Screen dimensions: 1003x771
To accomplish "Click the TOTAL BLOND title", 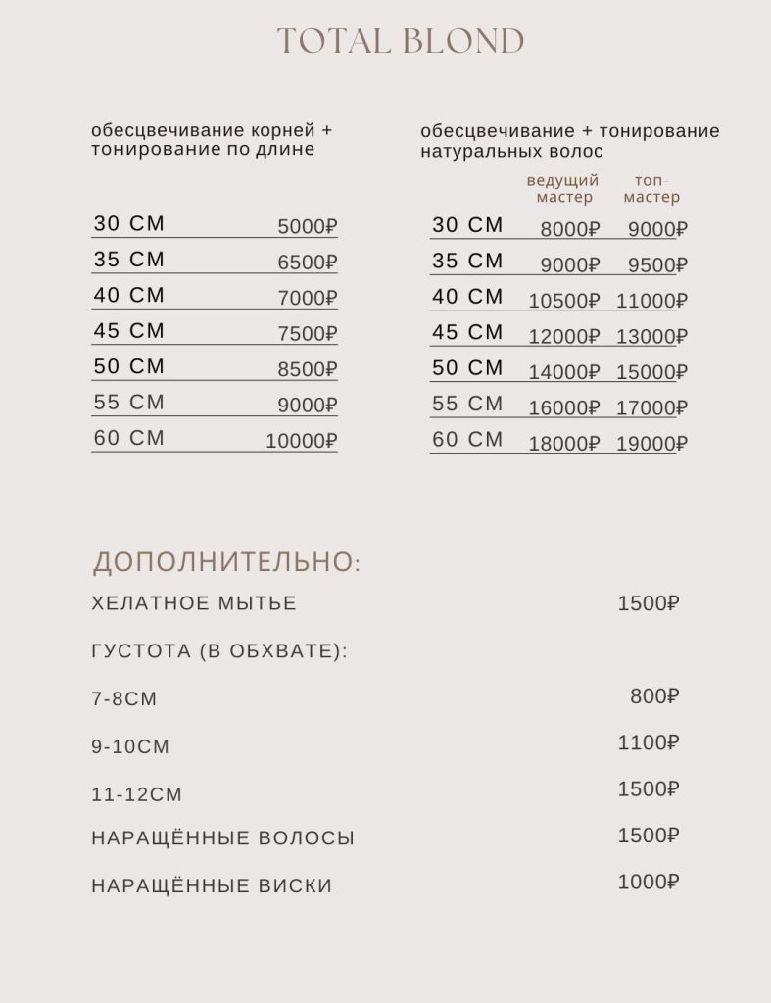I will tap(401, 42).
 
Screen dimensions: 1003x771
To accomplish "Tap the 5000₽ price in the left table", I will tap(308, 227).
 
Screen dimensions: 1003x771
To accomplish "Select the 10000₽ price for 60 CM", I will tap(302, 441).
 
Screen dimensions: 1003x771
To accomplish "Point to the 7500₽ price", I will tap(308, 334).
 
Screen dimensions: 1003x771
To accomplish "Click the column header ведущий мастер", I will tap(563, 189).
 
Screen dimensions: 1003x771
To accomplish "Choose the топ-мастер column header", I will tap(651, 189).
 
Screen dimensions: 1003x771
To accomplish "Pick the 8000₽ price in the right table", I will tap(569, 230).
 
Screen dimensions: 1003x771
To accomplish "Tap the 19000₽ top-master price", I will tap(651, 444).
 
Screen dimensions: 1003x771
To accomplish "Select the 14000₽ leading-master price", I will tap(563, 372).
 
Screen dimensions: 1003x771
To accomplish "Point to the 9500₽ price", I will tap(657, 265).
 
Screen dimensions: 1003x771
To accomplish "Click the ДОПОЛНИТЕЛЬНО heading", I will tap(226, 562).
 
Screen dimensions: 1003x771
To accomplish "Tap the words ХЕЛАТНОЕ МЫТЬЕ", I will tap(194, 603).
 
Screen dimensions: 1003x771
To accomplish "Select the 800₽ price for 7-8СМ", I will tap(654, 696).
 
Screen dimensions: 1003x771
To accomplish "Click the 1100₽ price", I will tap(649, 743).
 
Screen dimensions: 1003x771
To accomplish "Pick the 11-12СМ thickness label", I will tap(137, 794).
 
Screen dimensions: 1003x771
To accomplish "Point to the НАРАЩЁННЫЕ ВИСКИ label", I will tap(212, 886).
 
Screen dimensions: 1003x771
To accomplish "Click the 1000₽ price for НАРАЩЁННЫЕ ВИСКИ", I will tap(649, 882).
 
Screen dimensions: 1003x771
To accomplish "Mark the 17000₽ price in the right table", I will tap(651, 407).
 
